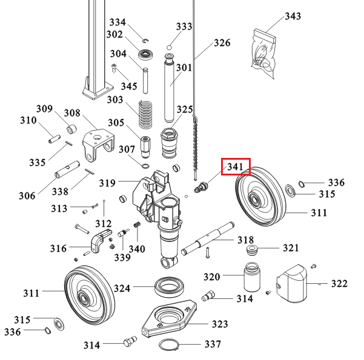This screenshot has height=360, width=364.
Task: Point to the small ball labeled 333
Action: pyautogui.click(x=171, y=47)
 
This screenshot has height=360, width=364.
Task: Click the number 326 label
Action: pyautogui.click(x=222, y=43)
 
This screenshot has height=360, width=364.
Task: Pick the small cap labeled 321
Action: pyautogui.click(x=250, y=249)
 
